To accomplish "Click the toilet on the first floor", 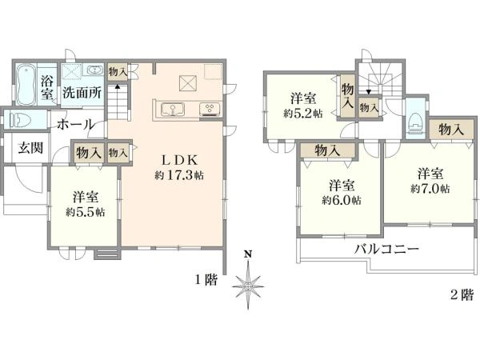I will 18,121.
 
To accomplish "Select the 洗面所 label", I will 82,92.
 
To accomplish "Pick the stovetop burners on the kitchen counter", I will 210,109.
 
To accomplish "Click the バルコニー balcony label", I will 387,249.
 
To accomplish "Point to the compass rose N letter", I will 248,254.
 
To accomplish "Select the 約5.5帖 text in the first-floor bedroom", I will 85,212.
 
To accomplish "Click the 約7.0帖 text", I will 430,188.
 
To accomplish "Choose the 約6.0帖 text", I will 341,200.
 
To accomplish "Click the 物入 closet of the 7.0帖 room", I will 448,129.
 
